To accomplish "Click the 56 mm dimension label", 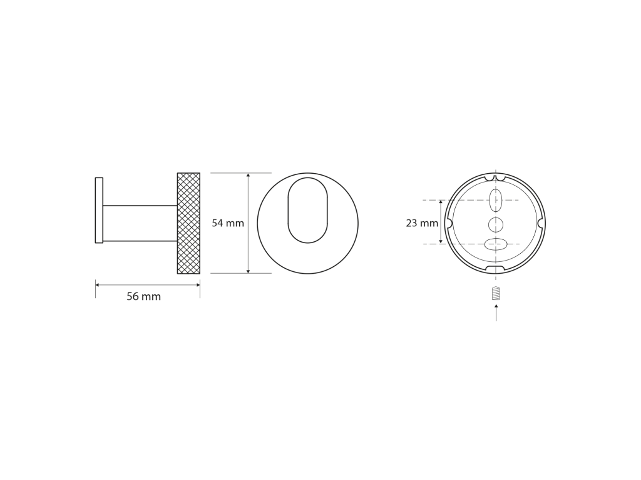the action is point(143,296).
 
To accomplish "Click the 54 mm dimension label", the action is point(228,223).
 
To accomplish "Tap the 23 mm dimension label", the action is point(422,223).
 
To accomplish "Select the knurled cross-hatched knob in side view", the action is point(188,223).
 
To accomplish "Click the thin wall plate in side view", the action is point(99,210).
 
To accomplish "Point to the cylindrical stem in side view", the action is point(140,223).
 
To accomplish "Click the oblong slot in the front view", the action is point(308,210).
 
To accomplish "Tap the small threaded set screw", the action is point(496,293).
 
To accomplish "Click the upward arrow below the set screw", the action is point(496,312).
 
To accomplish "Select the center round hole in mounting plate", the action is point(496,225).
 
